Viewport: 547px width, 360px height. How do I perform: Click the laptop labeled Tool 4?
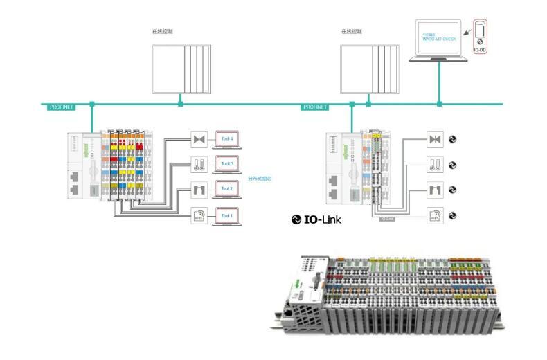pos(227,139)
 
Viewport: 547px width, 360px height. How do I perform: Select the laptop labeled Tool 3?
pos(227,164)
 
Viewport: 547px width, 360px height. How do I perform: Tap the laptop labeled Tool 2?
pos(227,189)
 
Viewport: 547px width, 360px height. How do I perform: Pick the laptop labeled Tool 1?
pos(227,215)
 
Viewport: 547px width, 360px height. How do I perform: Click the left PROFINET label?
pos(61,107)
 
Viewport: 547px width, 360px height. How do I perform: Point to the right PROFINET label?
pos(315,107)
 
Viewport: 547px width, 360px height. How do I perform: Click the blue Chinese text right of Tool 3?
pos(260,178)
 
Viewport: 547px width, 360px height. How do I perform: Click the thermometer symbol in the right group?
pos(435,165)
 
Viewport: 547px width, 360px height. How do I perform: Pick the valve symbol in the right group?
pos(435,139)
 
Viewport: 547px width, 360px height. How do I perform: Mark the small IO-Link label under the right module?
pos(387,218)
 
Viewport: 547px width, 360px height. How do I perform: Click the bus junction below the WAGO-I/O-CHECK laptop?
pos(439,104)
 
